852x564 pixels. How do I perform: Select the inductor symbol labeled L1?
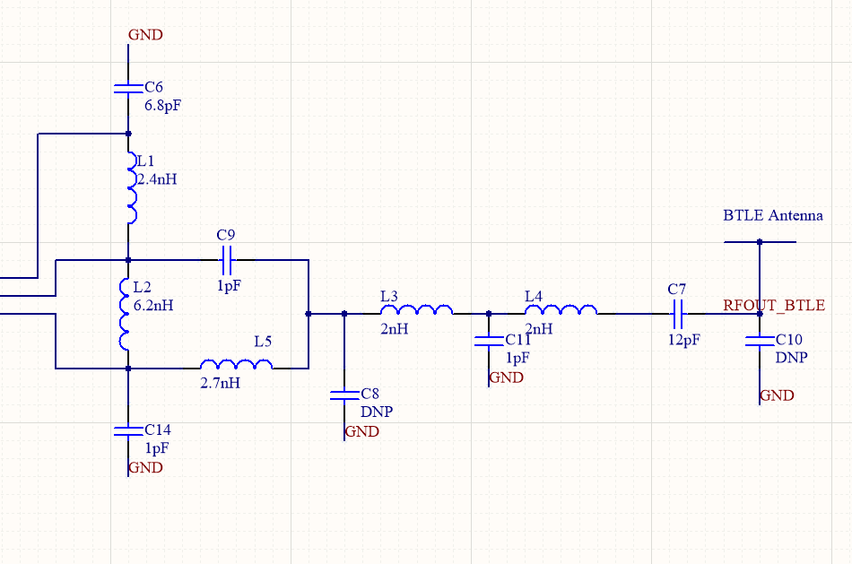[x=133, y=188]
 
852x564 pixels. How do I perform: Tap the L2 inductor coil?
[x=126, y=315]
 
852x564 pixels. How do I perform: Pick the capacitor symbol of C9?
[x=227, y=260]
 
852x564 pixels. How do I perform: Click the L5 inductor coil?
[x=236, y=364]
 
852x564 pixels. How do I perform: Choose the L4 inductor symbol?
[x=561, y=310]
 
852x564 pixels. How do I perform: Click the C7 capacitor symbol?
[x=678, y=314]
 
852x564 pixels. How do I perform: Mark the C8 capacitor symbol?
[x=344, y=395]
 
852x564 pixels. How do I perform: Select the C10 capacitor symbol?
[x=760, y=341]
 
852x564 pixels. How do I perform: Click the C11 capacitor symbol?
[x=489, y=341]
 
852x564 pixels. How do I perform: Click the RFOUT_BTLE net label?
[x=774, y=306]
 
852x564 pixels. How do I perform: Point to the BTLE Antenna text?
[x=772, y=216]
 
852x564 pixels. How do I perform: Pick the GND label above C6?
[x=145, y=35]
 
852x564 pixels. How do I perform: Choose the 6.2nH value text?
[x=152, y=305]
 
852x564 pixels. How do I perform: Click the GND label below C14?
[x=145, y=467]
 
